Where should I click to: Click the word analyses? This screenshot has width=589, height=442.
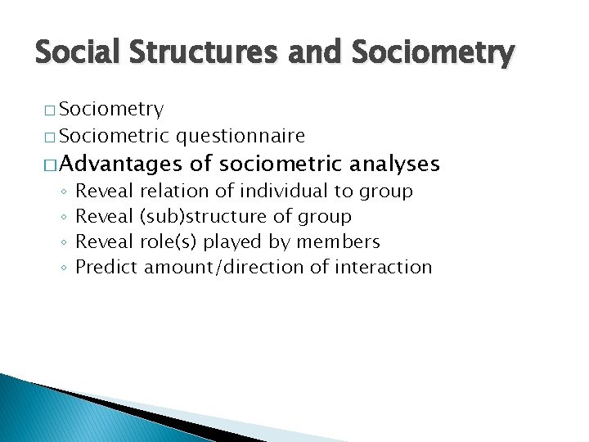pyautogui.click(x=394, y=165)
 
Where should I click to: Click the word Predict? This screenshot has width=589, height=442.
pyautogui.click(x=106, y=267)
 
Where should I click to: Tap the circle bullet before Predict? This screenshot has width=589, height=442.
pyautogui.click(x=63, y=268)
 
